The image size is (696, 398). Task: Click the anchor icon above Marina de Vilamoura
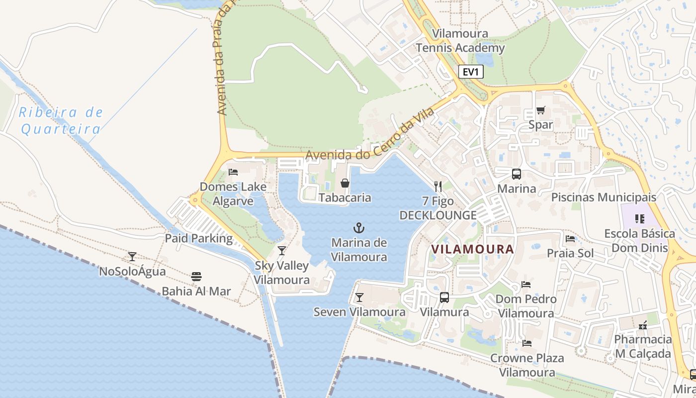click(358, 228)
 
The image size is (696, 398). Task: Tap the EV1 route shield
click(470, 72)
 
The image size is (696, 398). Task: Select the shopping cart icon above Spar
click(540, 110)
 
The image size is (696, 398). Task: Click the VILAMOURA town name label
click(472, 249)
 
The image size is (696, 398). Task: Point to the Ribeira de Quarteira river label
click(61, 121)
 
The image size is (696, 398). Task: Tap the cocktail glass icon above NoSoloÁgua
click(132, 257)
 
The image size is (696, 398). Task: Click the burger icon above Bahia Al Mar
click(196, 277)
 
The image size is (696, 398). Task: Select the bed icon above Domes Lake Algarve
click(233, 172)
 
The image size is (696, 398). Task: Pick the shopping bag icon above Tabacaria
click(345, 183)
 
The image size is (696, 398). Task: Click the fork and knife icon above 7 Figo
click(438, 187)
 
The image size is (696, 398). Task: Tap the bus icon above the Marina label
click(517, 174)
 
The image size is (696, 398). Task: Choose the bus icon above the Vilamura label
click(444, 298)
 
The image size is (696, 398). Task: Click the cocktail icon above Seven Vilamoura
click(359, 298)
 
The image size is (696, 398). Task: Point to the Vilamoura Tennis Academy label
click(460, 41)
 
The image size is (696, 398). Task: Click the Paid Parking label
click(199, 238)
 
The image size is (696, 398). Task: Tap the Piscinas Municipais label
click(604, 197)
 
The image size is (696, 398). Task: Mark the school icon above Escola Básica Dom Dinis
click(639, 218)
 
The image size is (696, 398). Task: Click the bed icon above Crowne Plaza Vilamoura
click(527, 343)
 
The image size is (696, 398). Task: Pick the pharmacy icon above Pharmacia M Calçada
click(643, 325)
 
